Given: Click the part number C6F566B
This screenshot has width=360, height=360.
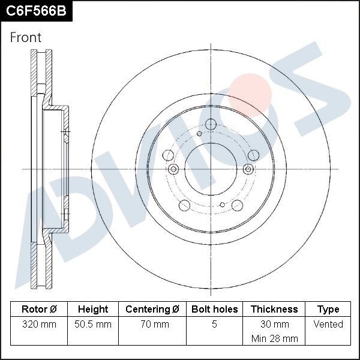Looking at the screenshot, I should coord(36,11).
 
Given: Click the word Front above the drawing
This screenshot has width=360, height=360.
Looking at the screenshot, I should coord(26,37).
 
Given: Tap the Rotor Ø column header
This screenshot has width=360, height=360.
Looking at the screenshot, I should coord(39,310).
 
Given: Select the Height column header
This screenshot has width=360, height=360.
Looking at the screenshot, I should coord(93,310).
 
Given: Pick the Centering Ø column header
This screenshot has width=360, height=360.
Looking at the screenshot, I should coord(152,310).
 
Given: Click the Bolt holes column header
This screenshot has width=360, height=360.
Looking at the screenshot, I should coord(214,310).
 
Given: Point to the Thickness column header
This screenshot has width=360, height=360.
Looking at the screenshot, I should coord(274,310).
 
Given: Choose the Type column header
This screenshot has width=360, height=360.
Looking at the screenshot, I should coord(328,310).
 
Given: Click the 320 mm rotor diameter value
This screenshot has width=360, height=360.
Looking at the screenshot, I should coord(39,325).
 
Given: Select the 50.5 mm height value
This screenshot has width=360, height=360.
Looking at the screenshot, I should coord(93,325).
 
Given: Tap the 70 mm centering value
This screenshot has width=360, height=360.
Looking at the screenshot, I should coord(152,325).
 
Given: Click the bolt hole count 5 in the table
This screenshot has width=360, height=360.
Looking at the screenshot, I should coord(214,325).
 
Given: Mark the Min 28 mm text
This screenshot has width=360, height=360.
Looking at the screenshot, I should coord(274,338).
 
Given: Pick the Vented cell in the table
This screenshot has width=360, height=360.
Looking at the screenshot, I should coord(328,325).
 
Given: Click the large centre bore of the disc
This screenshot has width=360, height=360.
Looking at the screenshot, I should coord(211,169).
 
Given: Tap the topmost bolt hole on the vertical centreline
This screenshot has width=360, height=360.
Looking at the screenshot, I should coord(211,124).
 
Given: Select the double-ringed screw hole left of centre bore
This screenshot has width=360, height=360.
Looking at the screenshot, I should coord(173,169).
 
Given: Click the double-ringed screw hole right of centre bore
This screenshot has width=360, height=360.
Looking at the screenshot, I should coord(248,169).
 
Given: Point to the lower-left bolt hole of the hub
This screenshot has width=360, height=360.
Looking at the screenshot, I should coord(185,206).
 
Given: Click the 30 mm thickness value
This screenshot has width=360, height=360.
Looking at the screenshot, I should coord(274,325).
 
